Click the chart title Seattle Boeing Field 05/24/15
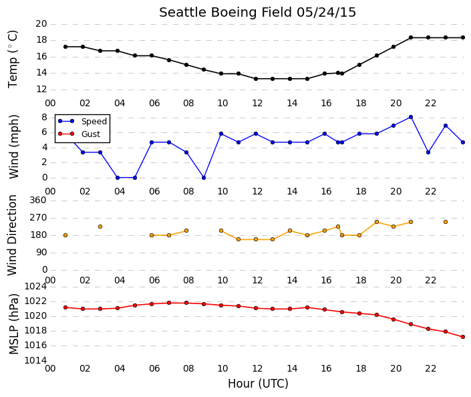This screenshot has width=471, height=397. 257,13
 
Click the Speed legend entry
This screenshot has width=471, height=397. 82,121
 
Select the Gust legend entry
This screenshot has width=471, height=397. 79,134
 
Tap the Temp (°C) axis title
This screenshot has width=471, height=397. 13,59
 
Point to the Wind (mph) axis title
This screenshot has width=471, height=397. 13,146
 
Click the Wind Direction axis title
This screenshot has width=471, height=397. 12,235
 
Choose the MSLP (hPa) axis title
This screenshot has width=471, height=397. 13,323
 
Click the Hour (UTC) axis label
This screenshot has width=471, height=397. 258,384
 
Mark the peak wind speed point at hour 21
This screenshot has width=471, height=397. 411,117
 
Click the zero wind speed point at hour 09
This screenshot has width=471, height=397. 204,178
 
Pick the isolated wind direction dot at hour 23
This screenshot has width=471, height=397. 446,222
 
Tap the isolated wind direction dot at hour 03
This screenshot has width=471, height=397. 100,227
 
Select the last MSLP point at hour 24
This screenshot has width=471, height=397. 463,337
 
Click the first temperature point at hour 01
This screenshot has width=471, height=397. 65,47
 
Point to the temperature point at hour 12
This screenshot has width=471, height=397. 256,79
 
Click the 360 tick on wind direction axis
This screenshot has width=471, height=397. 38,200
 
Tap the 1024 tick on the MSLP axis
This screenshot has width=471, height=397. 35,287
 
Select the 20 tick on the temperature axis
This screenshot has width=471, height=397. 41,24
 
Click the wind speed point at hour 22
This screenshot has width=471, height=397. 428,152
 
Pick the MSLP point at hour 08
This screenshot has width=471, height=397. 186,303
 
